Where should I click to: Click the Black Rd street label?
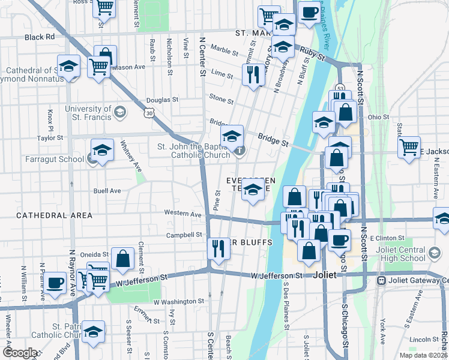point(40,37)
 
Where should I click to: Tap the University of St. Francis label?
point(89,113)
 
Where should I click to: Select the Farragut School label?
point(54,159)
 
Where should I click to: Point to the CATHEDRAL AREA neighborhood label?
point(55,215)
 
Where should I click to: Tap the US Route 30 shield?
point(149,112)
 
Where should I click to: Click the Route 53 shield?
point(339,89)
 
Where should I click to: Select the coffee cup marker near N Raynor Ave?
point(55,283)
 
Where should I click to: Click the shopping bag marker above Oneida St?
point(122,259)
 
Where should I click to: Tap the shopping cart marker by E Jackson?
point(409,146)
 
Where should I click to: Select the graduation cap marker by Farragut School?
point(102,150)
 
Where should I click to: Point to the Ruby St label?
point(312,56)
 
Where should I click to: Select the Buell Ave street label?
point(107,191)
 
